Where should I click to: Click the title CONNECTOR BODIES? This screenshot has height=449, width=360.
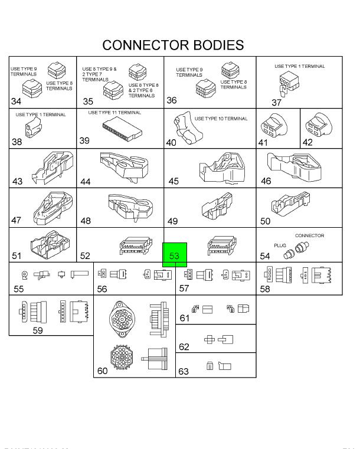tap(173, 45)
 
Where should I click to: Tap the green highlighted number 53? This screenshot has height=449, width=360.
tap(174, 255)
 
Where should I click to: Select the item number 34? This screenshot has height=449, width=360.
tap(17, 101)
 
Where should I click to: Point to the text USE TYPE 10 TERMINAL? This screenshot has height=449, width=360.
tap(221, 119)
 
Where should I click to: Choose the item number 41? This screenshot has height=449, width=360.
tap(263, 142)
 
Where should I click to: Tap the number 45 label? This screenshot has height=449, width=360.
tap(174, 181)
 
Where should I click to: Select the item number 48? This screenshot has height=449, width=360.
tap(86, 221)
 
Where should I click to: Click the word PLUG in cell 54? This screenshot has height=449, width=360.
tap(280, 245)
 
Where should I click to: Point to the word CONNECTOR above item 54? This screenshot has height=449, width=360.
tap(309, 235)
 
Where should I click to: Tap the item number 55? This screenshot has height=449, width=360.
tap(19, 289)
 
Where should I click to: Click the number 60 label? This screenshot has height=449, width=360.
tap(102, 371)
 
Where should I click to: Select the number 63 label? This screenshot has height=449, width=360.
tap(184, 372)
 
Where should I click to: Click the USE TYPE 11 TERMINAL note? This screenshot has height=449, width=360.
tap(114, 112)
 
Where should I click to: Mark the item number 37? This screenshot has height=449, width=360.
tap(277, 103)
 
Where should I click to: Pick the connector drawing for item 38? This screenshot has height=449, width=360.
tap(33, 128)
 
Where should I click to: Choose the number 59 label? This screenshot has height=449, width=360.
tap(37, 330)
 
